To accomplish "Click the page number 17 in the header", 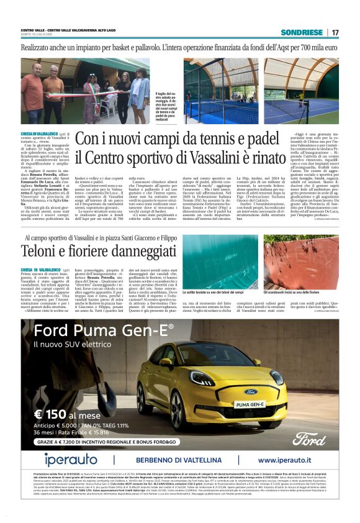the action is pos(335,32).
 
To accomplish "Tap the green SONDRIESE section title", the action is pos(302,32).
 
